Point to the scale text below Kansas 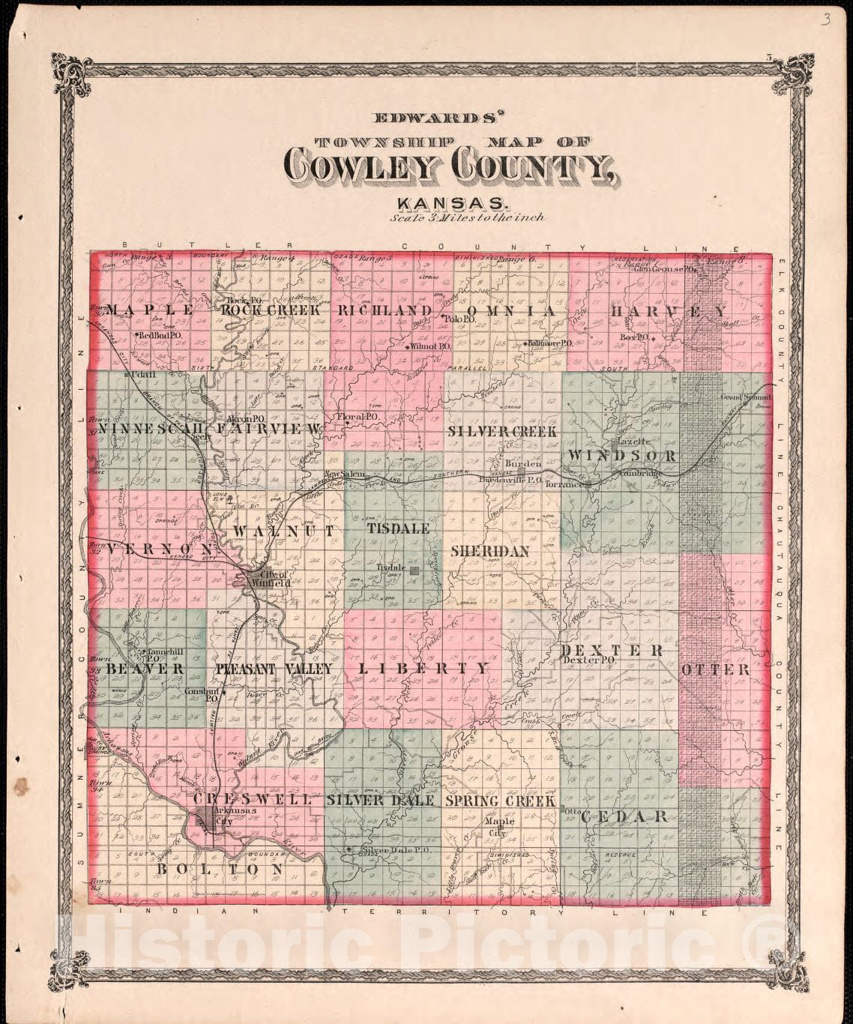pos(467,218)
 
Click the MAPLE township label pos(151,310)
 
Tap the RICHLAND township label pos(385,310)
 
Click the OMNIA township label pos(510,310)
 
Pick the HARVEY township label pos(667,311)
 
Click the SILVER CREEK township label pos(502,432)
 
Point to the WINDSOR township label pos(621,456)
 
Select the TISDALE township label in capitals pos(398,528)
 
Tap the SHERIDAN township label pos(489,551)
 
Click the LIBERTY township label pos(424,668)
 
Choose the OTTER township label pos(715,669)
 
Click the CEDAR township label pos(624,816)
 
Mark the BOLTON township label pos(220,869)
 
